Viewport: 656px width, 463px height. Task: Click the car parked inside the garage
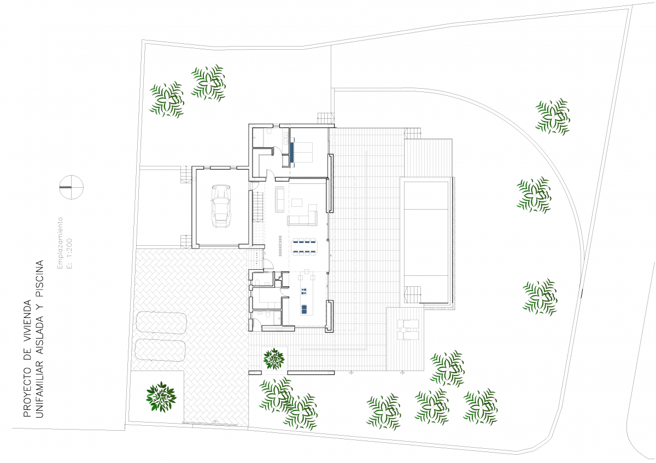(x=221, y=206)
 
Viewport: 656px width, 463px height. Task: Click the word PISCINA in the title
(x=39, y=279)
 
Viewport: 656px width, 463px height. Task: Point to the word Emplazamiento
(x=60, y=243)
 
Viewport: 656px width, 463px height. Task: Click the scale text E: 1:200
(x=69, y=253)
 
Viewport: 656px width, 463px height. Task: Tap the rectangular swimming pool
(x=426, y=242)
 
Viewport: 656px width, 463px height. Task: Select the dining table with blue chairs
(x=304, y=246)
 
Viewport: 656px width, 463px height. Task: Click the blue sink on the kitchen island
(x=304, y=309)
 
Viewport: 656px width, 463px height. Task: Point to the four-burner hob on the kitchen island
(x=304, y=291)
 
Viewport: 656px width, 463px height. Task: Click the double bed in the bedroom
(x=302, y=152)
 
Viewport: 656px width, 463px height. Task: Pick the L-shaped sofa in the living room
(x=302, y=215)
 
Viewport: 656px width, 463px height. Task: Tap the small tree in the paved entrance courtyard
(x=274, y=358)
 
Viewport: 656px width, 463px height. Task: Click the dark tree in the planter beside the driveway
(x=161, y=397)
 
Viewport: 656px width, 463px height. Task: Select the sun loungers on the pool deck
(x=408, y=330)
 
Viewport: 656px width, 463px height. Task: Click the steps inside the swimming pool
(x=412, y=294)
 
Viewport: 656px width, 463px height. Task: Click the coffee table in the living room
(x=297, y=202)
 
